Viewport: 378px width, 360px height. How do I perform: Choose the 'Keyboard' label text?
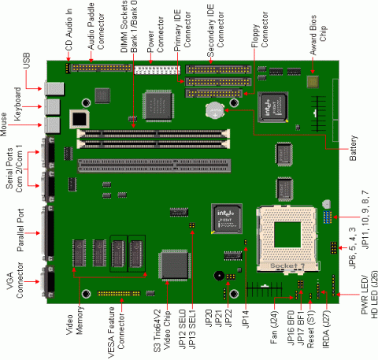click(x=17, y=100)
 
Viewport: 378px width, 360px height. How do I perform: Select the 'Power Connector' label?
click(x=155, y=33)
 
